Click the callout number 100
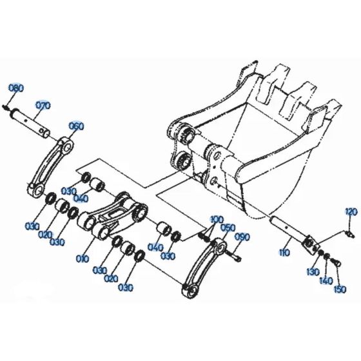[x=217, y=219]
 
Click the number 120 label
[x=350, y=211]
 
